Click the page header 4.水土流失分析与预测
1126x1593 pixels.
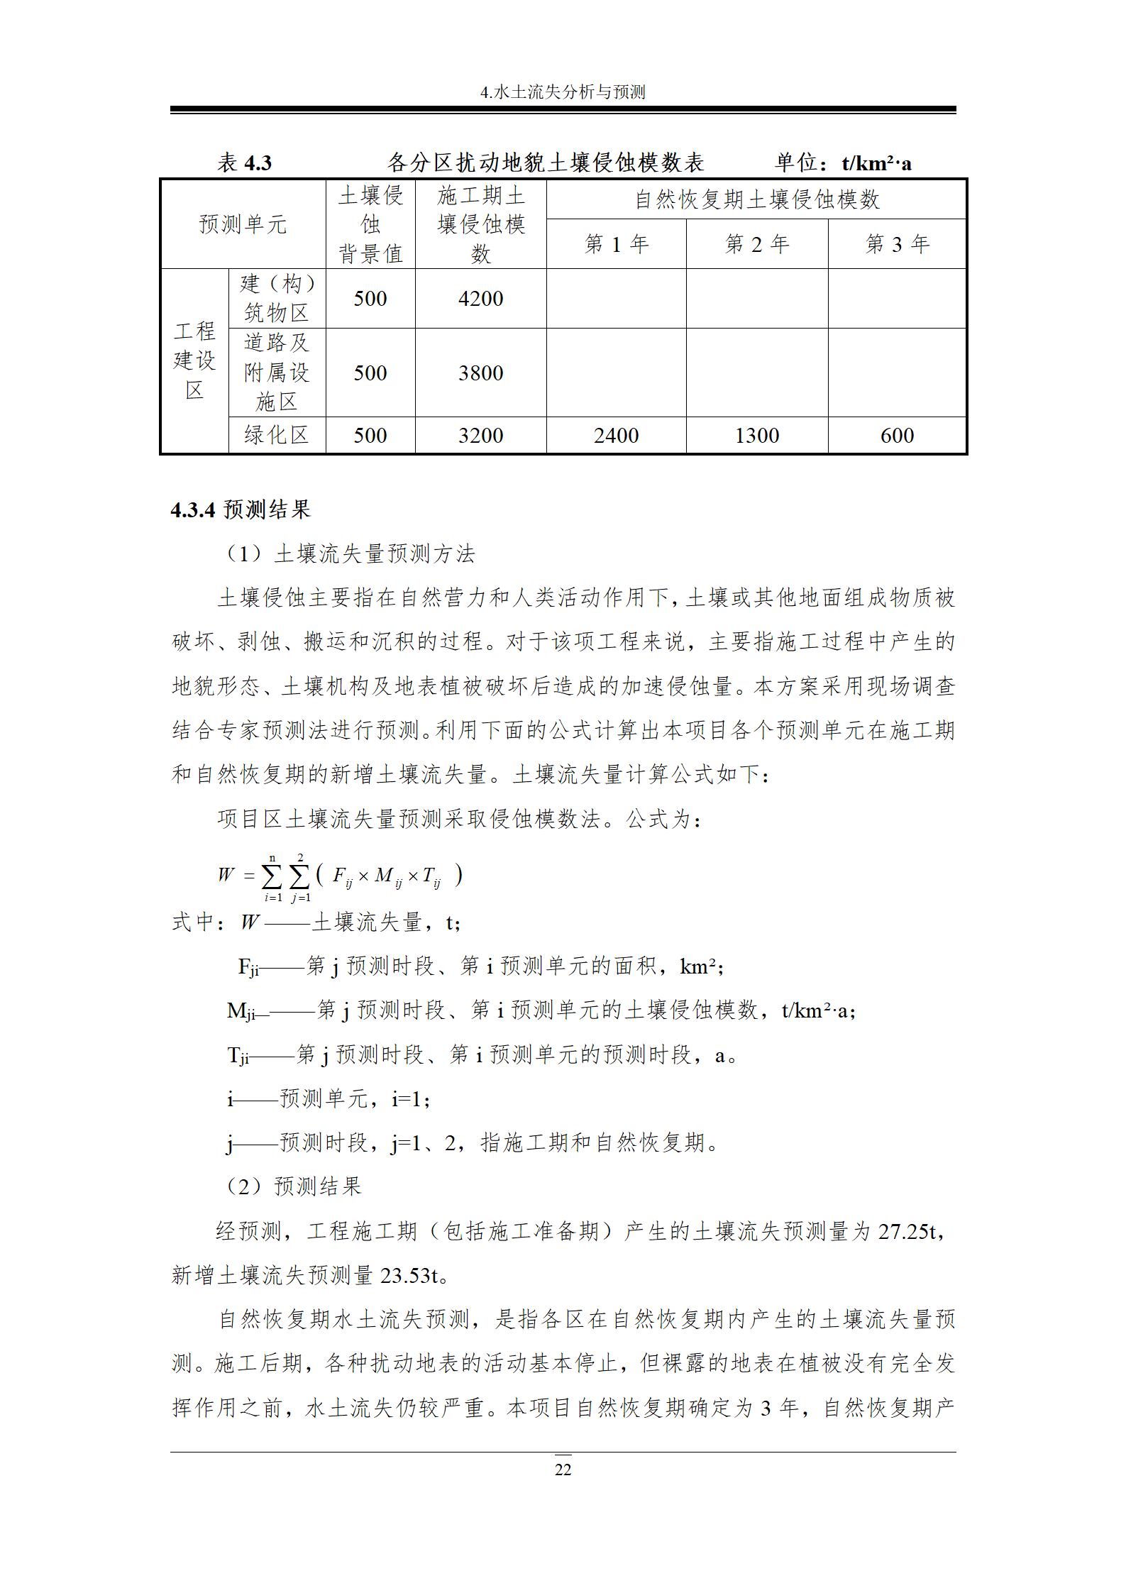[x=563, y=92]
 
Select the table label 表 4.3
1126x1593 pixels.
[x=244, y=163]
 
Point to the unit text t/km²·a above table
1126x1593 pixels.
[x=876, y=164]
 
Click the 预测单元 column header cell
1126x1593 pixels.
[x=243, y=225]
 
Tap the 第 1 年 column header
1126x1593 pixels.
[x=616, y=245]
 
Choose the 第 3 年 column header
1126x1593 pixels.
[x=897, y=245]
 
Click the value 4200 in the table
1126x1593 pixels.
[x=480, y=299]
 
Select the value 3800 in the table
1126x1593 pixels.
[x=480, y=373]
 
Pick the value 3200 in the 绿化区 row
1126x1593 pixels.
[x=480, y=436]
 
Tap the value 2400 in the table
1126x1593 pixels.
[x=616, y=436]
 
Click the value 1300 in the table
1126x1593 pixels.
[x=757, y=436]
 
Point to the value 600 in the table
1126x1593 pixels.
[x=897, y=436]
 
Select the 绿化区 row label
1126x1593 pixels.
[x=277, y=435]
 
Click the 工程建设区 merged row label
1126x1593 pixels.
[x=194, y=360]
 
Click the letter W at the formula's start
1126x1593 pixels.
[x=226, y=874]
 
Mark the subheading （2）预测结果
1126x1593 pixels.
[x=293, y=1186]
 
